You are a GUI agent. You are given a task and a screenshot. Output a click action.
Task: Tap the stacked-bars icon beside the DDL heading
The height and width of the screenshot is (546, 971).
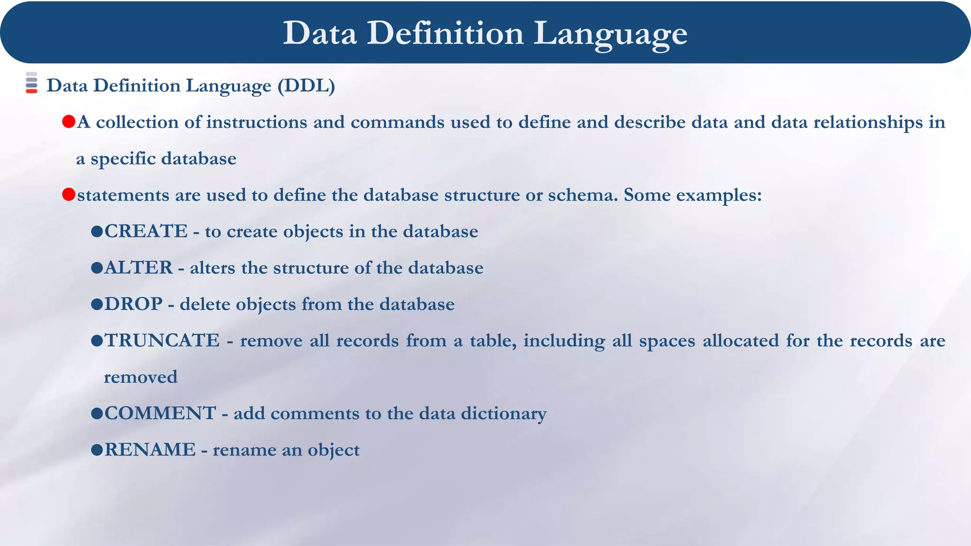coord(31,82)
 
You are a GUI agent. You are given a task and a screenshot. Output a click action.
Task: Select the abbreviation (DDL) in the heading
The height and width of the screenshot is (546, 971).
coord(306,86)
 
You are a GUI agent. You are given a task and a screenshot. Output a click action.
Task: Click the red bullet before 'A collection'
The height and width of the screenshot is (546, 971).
coord(69,122)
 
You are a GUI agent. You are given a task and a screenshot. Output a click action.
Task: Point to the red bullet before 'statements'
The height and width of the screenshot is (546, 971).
coord(69,194)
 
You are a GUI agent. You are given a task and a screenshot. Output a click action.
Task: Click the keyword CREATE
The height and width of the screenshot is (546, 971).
coord(146,231)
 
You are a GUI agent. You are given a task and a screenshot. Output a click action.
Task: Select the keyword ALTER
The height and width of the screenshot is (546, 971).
coord(138,268)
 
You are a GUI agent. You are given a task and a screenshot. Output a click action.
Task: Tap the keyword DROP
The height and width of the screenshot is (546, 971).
coord(133,304)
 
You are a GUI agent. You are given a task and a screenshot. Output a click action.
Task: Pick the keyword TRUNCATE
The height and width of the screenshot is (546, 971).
coord(162,340)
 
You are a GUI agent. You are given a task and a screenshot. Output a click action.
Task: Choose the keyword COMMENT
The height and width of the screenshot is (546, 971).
coord(160,413)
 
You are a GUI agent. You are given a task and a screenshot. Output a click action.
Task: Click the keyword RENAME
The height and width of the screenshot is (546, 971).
coord(150,449)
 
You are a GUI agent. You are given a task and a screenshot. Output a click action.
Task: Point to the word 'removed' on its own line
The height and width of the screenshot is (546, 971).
coord(141,377)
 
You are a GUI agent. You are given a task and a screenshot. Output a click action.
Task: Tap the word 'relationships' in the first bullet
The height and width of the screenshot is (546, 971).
coord(868,122)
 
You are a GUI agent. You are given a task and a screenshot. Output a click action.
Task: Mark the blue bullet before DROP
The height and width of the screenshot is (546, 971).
coord(97,304)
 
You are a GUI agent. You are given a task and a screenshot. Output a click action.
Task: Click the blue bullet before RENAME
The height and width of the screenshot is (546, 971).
coord(97,449)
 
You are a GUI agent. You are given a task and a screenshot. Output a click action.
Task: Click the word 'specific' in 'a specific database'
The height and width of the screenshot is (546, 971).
coord(123,159)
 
